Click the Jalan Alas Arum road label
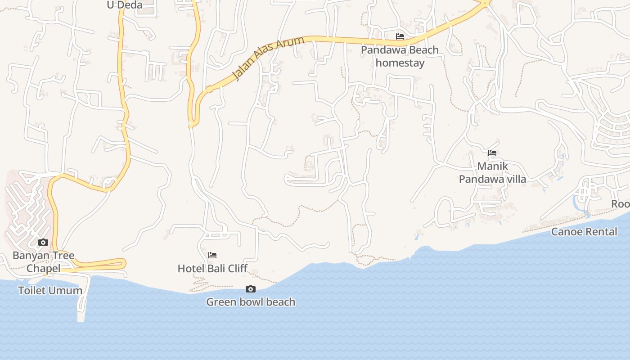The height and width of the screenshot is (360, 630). click(269, 59)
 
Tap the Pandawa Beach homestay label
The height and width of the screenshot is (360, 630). click(400, 56)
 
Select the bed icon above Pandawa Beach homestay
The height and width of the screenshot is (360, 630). click(400, 36)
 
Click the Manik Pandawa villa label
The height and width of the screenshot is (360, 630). click(492, 173)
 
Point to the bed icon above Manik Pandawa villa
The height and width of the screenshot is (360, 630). click(492, 153)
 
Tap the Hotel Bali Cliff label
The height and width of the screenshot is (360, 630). click(212, 269)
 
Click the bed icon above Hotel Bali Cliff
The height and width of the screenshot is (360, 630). click(212, 255)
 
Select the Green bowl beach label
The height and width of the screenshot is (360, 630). click(251, 302)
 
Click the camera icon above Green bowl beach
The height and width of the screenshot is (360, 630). click(251, 289)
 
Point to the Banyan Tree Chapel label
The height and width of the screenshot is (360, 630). click(43, 262)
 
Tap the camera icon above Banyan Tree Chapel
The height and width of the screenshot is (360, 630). click(43, 243)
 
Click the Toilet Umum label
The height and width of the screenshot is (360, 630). click(50, 290)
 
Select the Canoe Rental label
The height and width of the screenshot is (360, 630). click(584, 232)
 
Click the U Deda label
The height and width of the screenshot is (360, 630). click(124, 5)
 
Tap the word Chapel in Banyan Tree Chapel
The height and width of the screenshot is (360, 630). click(43, 269)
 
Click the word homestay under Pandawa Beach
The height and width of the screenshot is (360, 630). click(400, 63)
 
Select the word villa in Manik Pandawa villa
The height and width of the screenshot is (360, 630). click(514, 180)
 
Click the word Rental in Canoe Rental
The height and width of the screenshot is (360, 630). click(601, 232)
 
